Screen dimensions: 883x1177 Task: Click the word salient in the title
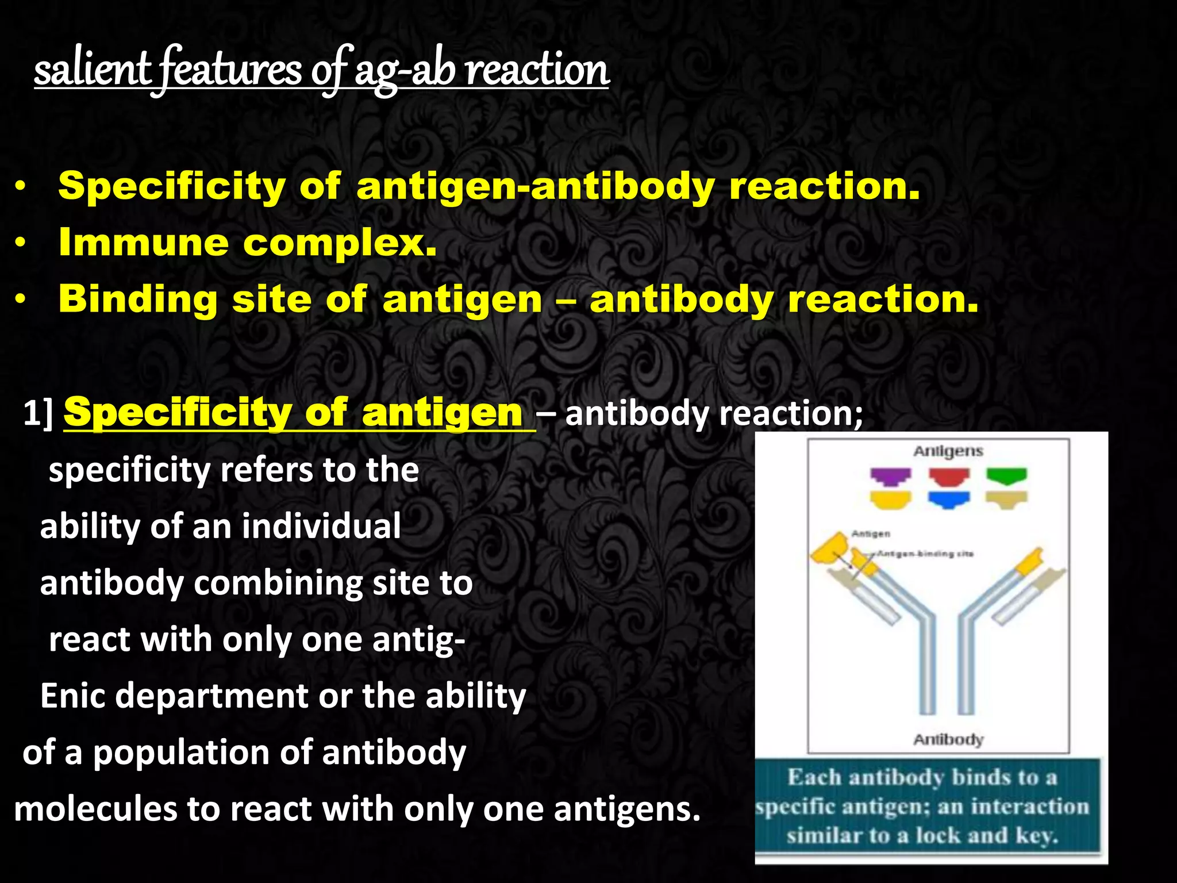click(x=92, y=70)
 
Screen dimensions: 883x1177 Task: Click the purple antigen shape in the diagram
click(x=890, y=476)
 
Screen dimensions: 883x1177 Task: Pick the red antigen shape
click(x=949, y=476)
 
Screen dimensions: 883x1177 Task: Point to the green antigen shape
click(x=1006, y=475)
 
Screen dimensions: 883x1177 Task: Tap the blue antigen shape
click(x=949, y=500)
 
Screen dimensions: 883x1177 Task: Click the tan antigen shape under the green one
click(x=1006, y=500)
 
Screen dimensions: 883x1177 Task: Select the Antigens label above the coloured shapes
click(x=948, y=451)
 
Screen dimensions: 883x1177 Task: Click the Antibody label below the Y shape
click(x=948, y=739)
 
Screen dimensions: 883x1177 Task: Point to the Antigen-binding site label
click(x=926, y=554)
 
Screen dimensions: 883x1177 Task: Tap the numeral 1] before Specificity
click(x=39, y=413)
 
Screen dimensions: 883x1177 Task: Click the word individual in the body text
click(x=321, y=526)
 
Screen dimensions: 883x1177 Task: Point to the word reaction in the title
click(x=537, y=70)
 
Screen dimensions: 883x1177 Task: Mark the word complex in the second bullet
click(x=340, y=243)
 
